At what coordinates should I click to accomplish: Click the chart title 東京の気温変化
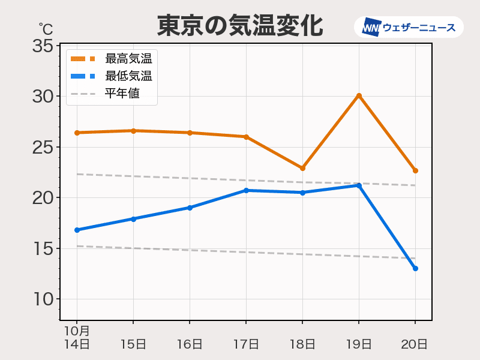[240, 26]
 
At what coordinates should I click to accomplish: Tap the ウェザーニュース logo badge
[409, 27]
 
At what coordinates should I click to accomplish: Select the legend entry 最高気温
[128, 59]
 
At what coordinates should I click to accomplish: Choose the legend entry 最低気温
[128, 76]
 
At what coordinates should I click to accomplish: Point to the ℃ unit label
[46, 28]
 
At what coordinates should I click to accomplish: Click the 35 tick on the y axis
[43, 46]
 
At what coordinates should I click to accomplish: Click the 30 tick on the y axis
[43, 97]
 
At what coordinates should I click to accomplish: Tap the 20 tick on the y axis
[43, 198]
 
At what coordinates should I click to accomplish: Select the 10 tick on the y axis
[43, 299]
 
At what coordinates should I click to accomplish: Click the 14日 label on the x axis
[77, 344]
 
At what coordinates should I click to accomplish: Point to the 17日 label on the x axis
[246, 344]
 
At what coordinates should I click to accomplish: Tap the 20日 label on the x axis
[415, 344]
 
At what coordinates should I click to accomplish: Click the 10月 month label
[77, 331]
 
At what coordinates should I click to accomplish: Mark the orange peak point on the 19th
[359, 96]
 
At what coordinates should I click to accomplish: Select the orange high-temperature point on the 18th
[302, 168]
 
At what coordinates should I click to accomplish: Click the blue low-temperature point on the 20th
[415, 268]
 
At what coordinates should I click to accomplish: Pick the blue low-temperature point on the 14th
[77, 230]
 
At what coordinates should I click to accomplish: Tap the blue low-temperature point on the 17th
[246, 190]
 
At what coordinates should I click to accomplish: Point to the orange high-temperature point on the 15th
[133, 131]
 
